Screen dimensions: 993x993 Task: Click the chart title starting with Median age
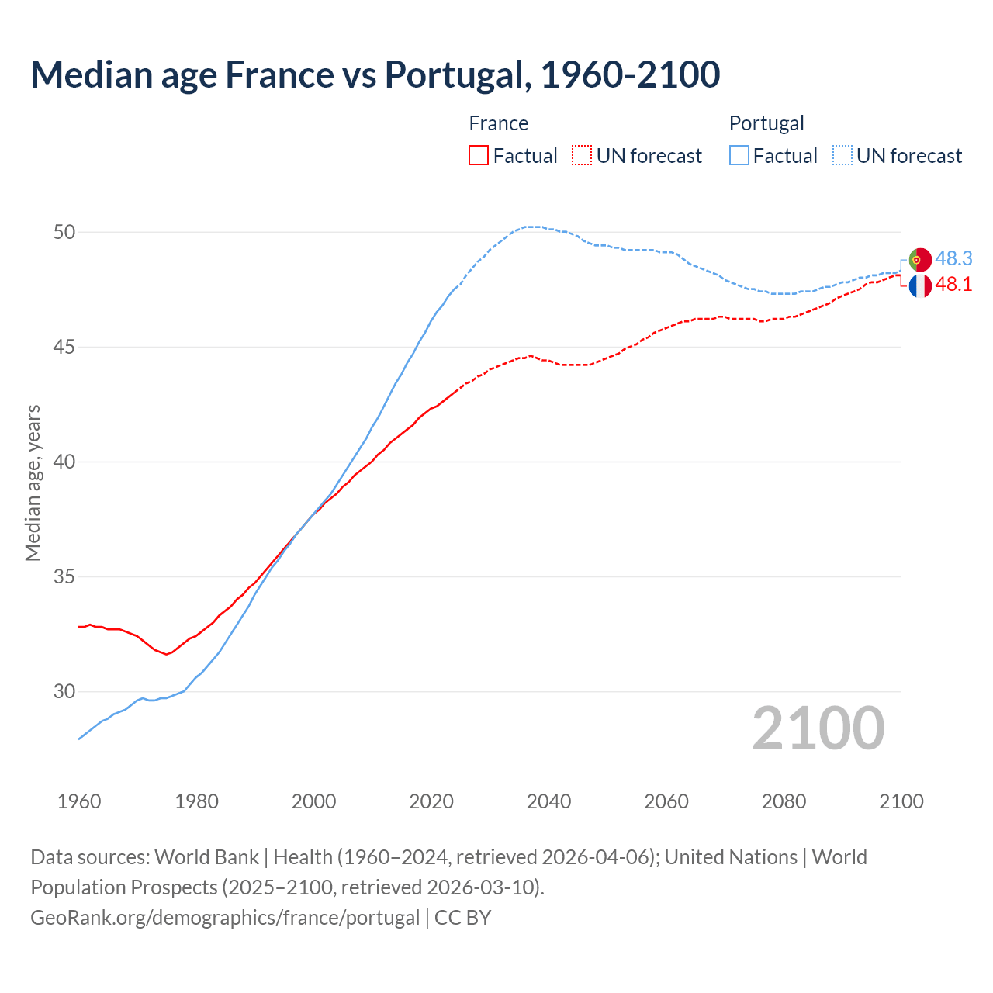pos(375,75)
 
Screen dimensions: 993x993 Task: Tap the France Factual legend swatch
pos(479,155)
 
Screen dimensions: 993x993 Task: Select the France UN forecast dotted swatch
pos(582,155)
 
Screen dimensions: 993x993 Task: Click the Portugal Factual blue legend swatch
pos(739,155)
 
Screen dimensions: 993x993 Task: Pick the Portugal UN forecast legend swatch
pos(842,155)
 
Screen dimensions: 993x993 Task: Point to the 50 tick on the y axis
pos(64,232)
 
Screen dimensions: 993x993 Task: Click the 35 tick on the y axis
pos(64,576)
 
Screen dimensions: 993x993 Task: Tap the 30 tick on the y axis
pos(64,691)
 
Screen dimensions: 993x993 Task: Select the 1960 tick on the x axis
pos(79,801)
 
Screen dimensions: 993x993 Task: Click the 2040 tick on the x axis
pos(548,801)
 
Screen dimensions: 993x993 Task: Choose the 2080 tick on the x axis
pos(784,801)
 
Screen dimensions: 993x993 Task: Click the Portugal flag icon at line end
pos(919,259)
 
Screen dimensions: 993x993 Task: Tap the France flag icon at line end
pos(919,285)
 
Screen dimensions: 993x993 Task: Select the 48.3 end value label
pos(953,258)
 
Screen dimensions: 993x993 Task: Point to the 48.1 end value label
pos(953,285)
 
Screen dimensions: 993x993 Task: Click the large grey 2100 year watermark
pos(818,728)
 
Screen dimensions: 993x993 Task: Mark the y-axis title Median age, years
pos(33,483)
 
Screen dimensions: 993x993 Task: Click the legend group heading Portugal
pos(766,123)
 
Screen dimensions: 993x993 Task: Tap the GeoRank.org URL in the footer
pos(225,918)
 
